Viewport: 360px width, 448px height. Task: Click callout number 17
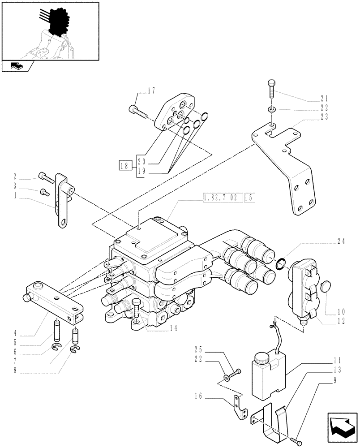pyautogui.click(x=151, y=91)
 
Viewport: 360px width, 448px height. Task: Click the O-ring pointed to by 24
pyautogui.click(x=281, y=264)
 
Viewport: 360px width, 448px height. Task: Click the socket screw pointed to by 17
pyautogui.click(x=137, y=110)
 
